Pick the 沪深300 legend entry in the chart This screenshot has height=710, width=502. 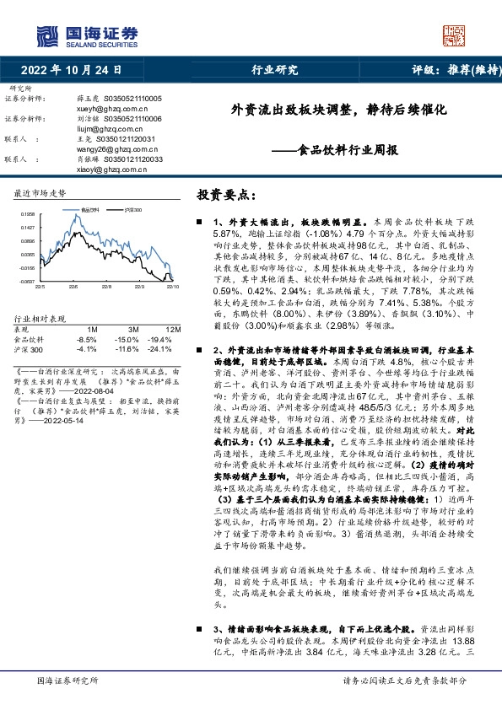[132, 209]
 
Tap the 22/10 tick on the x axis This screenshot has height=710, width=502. [171, 287]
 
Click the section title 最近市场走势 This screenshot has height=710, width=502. [40, 194]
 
